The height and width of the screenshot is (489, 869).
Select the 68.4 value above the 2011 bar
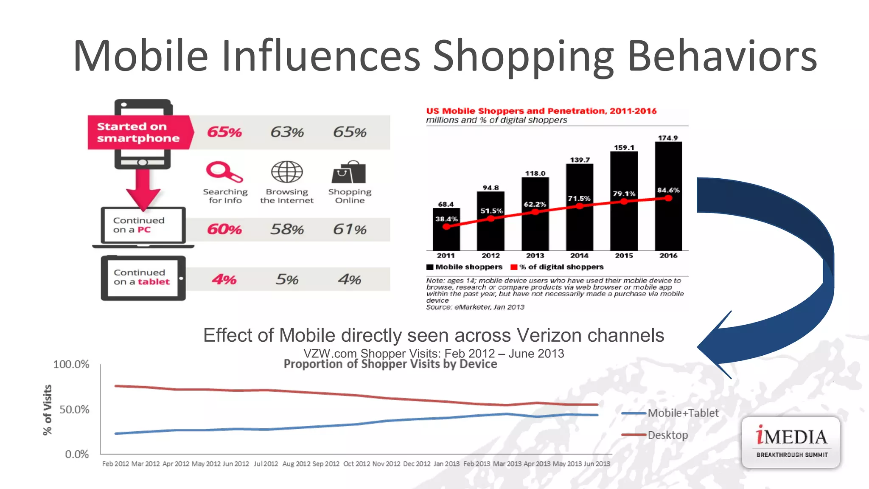(446, 204)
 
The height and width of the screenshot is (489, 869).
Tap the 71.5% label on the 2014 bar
(579, 198)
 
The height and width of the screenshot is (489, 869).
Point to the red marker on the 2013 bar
(535, 211)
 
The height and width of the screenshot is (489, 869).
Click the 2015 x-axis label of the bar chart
(624, 256)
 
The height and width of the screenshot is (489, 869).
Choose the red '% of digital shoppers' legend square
(514, 267)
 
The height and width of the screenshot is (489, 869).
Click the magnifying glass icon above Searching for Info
(224, 171)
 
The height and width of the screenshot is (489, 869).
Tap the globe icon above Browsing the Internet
(287, 172)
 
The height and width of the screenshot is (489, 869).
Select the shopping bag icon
(349, 172)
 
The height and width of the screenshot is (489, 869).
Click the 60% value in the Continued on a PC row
(224, 229)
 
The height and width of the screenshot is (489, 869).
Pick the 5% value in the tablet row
(287, 279)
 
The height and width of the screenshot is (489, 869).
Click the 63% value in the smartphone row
(287, 132)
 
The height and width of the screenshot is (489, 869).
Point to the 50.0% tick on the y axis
(74, 410)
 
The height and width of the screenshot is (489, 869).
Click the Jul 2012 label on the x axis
(266, 464)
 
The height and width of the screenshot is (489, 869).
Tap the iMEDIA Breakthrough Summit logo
(791, 442)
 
